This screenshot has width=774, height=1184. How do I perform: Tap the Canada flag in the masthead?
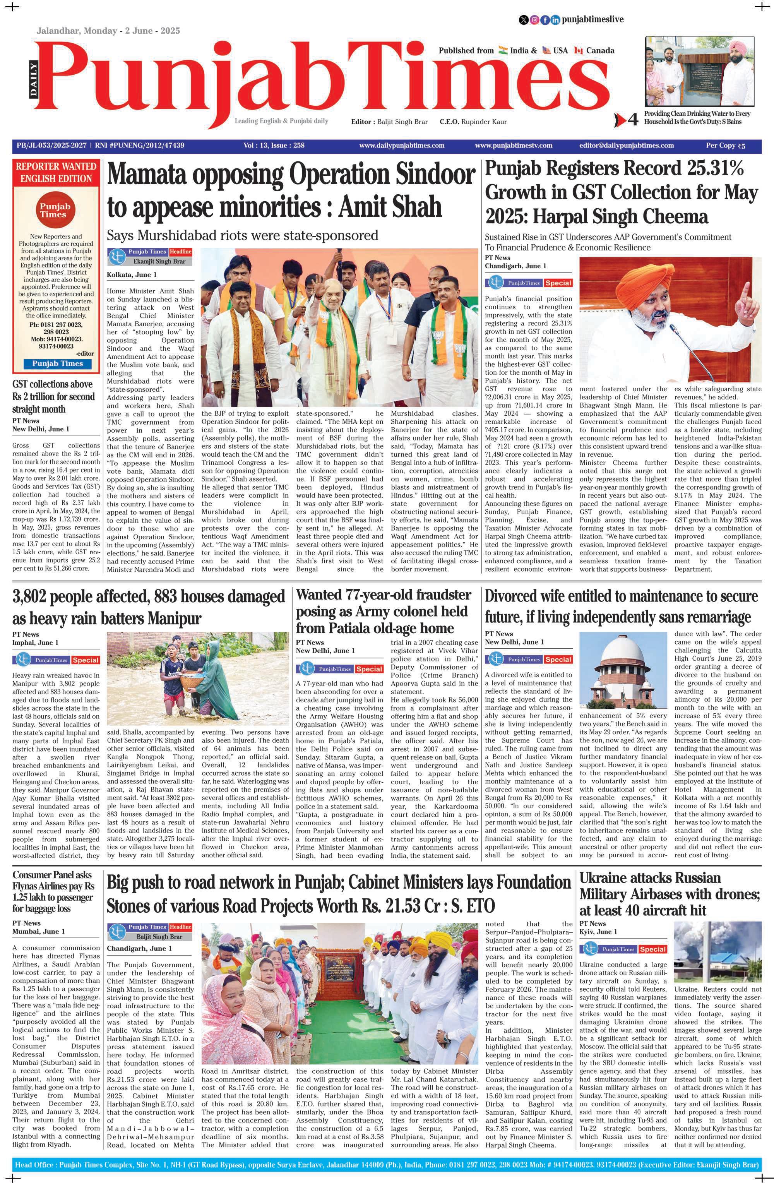point(578,50)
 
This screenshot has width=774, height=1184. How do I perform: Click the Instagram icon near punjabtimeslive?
point(534,20)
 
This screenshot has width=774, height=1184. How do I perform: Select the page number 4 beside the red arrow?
point(633,120)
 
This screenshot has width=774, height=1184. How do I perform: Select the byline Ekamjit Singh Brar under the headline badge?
point(159,261)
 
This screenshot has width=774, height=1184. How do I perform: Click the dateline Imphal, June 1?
point(35,642)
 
